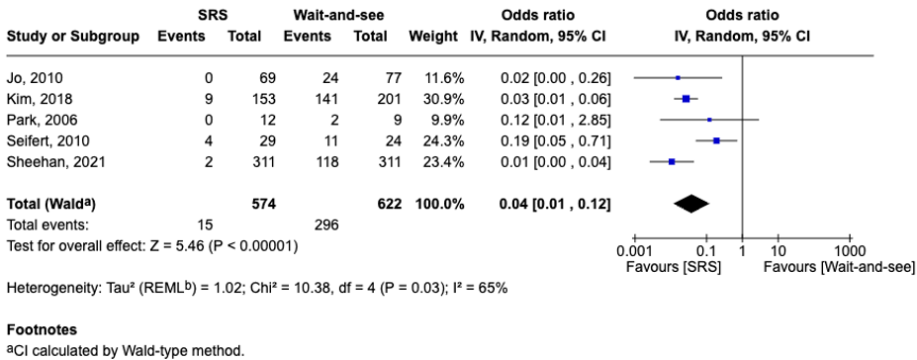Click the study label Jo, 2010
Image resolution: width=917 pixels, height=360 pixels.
click(x=34, y=78)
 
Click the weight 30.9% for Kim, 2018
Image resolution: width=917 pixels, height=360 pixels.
click(x=444, y=99)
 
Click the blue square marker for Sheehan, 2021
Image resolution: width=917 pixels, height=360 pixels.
click(x=672, y=161)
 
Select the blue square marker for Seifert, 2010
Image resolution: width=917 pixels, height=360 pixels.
click(x=716, y=140)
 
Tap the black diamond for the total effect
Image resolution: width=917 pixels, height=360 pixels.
click(x=691, y=204)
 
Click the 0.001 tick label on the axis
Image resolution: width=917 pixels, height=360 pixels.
click(x=634, y=252)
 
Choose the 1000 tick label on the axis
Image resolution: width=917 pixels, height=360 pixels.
click(x=850, y=252)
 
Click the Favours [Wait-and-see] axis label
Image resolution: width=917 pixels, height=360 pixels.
click(x=839, y=268)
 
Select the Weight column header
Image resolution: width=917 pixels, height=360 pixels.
click(x=433, y=37)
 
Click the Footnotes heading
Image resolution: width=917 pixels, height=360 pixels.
click(x=42, y=329)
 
